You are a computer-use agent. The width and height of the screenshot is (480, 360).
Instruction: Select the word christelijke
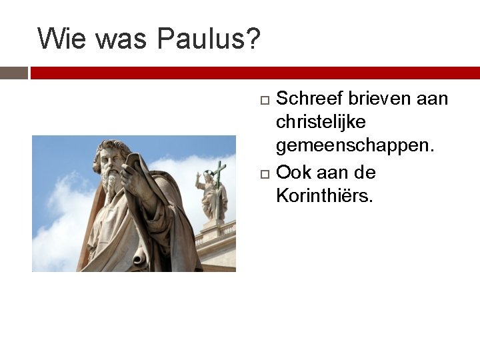(321, 123)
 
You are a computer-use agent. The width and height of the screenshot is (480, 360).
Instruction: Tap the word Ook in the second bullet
(293, 173)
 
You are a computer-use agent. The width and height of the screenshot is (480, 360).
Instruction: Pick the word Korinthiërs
(325, 197)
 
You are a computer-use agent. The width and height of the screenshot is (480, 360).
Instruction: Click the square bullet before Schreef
(264, 100)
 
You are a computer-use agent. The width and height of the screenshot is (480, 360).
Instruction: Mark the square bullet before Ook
(264, 174)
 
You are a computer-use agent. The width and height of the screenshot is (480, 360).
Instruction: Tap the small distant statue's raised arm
(198, 179)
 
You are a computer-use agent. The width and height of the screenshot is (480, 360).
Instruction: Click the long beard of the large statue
(112, 183)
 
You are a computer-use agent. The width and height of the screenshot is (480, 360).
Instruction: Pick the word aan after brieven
(432, 99)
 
